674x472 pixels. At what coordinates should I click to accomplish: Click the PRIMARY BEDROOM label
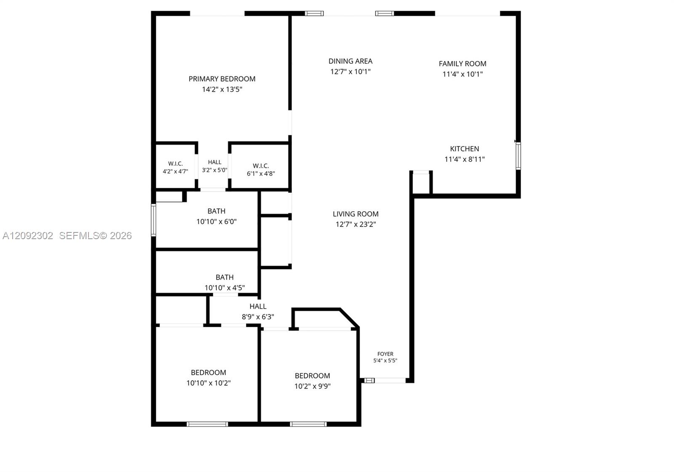[x=222, y=79]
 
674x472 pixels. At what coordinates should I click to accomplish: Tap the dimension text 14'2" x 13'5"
[x=222, y=89]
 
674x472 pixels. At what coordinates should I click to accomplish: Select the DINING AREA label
[x=350, y=61]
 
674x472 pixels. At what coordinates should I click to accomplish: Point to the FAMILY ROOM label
[x=463, y=64]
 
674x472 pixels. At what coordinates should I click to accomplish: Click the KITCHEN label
[x=465, y=149]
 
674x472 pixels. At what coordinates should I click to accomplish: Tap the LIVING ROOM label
[x=356, y=214]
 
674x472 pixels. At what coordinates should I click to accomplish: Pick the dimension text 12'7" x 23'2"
[x=356, y=224]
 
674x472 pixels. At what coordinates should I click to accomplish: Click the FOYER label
[x=385, y=354]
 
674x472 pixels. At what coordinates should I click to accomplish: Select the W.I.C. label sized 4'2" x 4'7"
[x=175, y=164]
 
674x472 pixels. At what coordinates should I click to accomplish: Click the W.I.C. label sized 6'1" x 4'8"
[x=261, y=166]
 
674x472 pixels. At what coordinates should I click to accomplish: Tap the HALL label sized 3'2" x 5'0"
[x=214, y=162]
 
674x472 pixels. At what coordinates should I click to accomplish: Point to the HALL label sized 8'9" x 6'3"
[x=258, y=306]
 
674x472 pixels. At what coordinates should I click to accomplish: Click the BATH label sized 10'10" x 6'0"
[x=217, y=211]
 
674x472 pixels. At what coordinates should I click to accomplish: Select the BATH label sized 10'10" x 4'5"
[x=225, y=277]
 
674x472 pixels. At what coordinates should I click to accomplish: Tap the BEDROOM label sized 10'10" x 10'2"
[x=209, y=373]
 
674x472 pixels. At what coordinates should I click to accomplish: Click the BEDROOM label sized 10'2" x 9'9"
[x=312, y=376]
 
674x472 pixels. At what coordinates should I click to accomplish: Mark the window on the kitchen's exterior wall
[x=518, y=156]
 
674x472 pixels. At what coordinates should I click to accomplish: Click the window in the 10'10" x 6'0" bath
[x=153, y=220]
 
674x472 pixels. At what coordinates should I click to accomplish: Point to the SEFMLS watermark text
[x=95, y=235]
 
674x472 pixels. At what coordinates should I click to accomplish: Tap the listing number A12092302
[x=28, y=235]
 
